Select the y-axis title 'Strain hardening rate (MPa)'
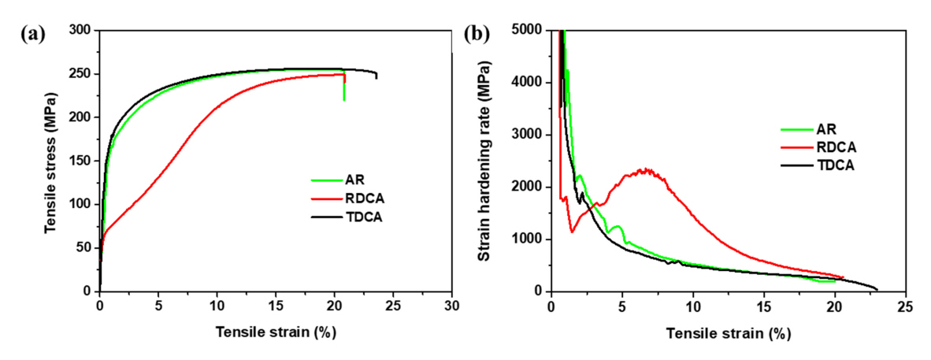[491, 161]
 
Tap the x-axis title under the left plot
[276, 332]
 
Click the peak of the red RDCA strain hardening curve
[647, 169]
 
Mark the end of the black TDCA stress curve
[376, 76]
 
